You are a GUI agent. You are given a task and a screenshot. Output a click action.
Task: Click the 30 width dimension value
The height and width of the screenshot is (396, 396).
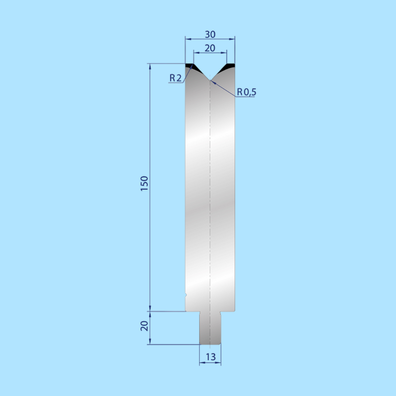click(x=210, y=35)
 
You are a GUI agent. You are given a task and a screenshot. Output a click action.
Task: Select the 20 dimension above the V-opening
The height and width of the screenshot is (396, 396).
click(x=210, y=48)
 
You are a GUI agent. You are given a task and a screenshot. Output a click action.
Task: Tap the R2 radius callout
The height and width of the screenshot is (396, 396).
click(x=175, y=78)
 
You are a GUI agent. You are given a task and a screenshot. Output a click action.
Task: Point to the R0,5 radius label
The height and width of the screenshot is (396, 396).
click(x=247, y=92)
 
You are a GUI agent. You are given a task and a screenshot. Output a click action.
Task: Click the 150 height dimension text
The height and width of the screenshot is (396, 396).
click(x=144, y=184)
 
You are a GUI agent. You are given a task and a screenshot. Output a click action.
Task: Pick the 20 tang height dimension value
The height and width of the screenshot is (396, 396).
click(x=144, y=326)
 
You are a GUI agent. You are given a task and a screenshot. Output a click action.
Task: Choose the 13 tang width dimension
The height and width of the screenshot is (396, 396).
click(x=211, y=357)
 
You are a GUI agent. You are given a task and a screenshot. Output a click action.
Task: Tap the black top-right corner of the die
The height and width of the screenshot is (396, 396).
click(x=230, y=66)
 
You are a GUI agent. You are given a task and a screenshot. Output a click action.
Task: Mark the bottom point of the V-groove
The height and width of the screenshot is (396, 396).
click(x=210, y=80)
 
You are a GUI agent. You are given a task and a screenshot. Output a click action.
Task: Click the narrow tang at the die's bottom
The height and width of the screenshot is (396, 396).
click(x=210, y=328)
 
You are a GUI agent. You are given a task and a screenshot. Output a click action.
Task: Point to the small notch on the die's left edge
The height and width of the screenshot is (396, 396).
click(x=186, y=295)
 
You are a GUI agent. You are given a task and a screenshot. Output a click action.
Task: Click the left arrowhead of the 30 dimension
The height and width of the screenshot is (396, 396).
click(x=187, y=38)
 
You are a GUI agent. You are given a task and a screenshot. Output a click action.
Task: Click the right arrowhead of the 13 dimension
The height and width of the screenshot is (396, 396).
click(x=219, y=363)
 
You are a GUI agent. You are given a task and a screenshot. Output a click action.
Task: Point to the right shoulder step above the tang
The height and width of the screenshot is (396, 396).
click(x=228, y=311)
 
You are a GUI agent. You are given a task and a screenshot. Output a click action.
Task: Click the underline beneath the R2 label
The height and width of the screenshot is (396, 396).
click(x=176, y=83)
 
